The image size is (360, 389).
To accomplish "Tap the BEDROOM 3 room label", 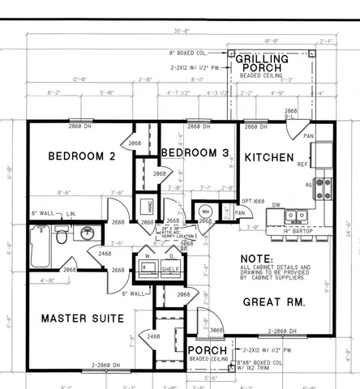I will pyautogui.click(x=194, y=153).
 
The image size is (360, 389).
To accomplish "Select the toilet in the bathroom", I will pyautogui.click(x=62, y=237).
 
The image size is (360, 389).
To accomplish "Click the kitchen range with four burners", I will pyautogui.click(x=323, y=188).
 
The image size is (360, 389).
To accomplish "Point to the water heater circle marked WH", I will pyautogui.click(x=205, y=212).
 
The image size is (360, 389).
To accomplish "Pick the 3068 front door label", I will pyautogui.click(x=216, y=330).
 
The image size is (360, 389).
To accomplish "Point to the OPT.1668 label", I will pyautogui.click(x=253, y=201).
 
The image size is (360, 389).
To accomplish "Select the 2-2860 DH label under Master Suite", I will pyautogui.click(x=107, y=365).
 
